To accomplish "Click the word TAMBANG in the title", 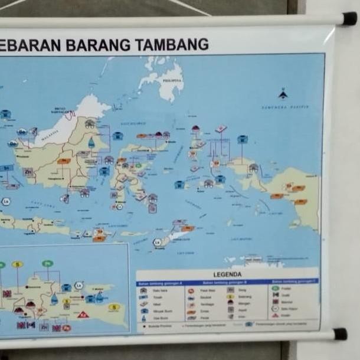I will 172,44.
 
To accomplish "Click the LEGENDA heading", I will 227,274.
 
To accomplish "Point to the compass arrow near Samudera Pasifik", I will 283,94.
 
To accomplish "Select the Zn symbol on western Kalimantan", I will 28,172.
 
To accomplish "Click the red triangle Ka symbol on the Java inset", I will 83,314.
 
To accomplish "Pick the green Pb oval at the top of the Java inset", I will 47,264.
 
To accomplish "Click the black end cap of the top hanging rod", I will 349,18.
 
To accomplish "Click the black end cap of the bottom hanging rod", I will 340,334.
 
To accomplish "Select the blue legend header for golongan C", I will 294,282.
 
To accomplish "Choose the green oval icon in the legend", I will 275,288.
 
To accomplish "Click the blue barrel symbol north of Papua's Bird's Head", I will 242,140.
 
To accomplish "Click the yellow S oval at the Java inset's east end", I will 114,307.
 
